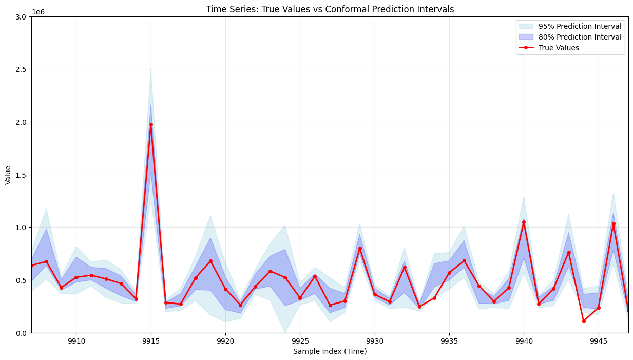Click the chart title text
click(x=330, y=9)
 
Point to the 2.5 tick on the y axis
click(x=22, y=69)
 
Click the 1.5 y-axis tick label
click(x=22, y=175)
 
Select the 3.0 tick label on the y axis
click(x=22, y=16)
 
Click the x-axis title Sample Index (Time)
click(x=330, y=351)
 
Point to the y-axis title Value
click(x=8, y=175)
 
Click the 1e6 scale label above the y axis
click(x=38, y=11)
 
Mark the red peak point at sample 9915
click(x=151, y=124)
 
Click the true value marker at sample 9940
click(x=524, y=222)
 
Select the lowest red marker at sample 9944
click(x=584, y=321)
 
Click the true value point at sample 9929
click(x=360, y=248)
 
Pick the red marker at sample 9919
click(x=210, y=261)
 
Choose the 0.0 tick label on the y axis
click(x=22, y=333)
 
